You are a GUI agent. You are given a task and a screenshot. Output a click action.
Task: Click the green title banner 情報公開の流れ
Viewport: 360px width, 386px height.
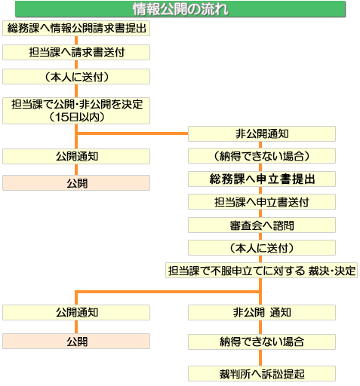click(x=180, y=9)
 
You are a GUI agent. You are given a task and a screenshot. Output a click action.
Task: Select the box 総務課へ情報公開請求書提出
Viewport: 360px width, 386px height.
click(x=76, y=28)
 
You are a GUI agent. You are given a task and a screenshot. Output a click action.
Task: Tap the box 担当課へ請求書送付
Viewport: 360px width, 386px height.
click(x=76, y=52)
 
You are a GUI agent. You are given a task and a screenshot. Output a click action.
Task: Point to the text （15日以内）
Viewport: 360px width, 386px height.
click(x=77, y=117)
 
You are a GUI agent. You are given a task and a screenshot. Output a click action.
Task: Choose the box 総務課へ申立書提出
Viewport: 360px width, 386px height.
click(x=262, y=179)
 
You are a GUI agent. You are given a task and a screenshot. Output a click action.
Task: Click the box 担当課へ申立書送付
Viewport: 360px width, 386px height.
click(x=262, y=202)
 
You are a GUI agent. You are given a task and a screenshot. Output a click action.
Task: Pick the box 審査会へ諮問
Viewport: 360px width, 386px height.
click(x=262, y=225)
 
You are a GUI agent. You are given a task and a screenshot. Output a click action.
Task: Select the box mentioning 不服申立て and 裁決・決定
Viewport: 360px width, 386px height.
click(x=261, y=271)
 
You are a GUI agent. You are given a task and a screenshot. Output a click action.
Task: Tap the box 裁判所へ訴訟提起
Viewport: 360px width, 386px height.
click(x=262, y=374)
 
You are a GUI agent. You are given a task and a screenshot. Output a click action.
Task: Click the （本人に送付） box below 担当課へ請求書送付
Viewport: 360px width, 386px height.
click(x=76, y=77)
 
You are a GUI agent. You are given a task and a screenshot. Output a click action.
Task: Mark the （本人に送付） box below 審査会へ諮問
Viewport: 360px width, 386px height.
click(x=262, y=248)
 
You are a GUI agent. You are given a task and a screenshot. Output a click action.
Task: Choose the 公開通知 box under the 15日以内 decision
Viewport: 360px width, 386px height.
click(x=76, y=157)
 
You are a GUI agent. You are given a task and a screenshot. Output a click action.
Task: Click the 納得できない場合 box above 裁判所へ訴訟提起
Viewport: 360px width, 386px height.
click(x=262, y=342)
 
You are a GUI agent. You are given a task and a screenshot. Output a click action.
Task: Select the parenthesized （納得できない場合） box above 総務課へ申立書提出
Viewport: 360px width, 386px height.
click(x=262, y=156)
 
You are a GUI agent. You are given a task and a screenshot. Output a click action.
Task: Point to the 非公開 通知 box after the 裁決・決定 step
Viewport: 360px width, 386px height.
click(x=262, y=313)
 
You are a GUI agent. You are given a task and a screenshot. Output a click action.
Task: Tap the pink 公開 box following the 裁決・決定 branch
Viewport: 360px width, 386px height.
click(x=76, y=342)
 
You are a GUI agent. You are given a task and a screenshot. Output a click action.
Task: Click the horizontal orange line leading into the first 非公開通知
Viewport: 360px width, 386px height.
click(x=133, y=133)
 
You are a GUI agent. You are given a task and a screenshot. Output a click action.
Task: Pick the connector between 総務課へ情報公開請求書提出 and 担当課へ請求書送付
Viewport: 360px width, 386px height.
click(x=76, y=41)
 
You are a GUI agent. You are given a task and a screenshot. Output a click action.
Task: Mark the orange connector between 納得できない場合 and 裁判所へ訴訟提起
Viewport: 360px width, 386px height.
click(x=260, y=358)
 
